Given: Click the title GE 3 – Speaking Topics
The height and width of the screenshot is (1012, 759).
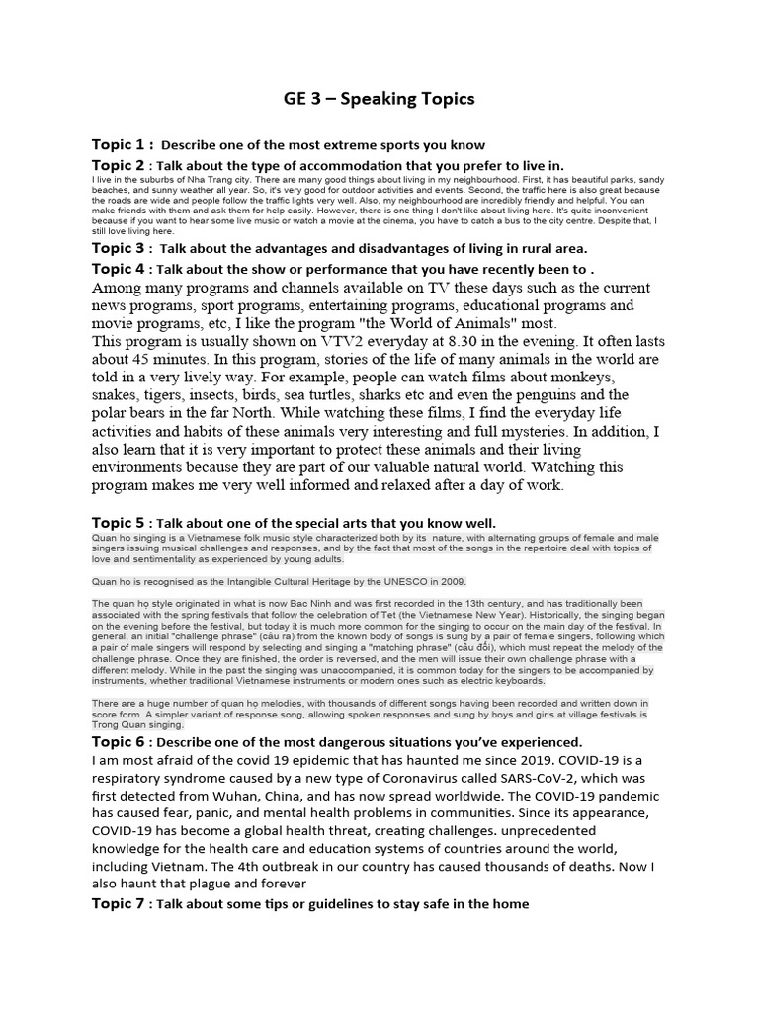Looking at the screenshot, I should [379, 98].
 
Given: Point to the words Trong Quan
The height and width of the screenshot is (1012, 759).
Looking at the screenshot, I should [123, 723].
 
